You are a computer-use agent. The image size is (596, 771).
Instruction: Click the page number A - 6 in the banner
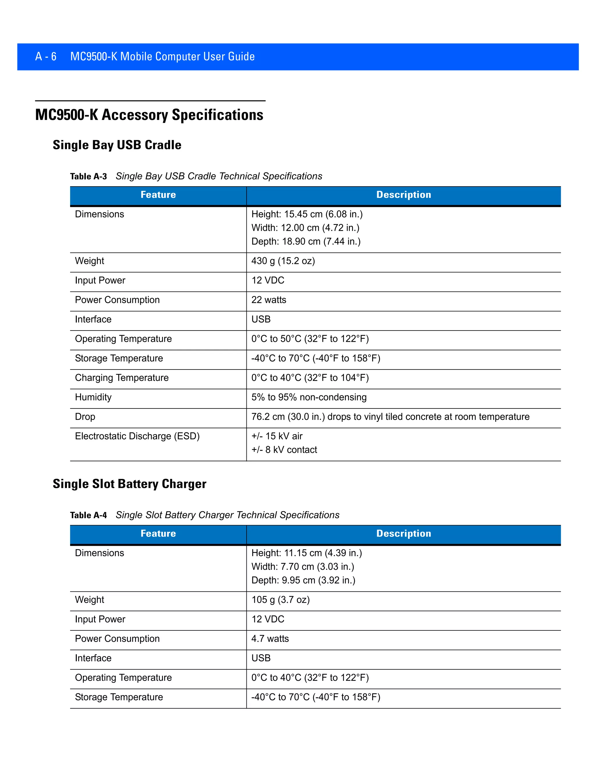click(46, 56)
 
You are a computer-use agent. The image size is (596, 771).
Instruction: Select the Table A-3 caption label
click(88, 176)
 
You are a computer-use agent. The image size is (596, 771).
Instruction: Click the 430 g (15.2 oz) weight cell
click(283, 261)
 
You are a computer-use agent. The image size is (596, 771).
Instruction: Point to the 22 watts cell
click(269, 300)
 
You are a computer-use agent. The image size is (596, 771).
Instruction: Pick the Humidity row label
click(93, 397)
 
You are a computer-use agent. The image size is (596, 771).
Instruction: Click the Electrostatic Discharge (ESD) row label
click(137, 436)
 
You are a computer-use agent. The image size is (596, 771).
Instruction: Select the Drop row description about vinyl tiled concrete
click(390, 417)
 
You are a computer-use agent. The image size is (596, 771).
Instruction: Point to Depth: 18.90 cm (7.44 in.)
click(306, 241)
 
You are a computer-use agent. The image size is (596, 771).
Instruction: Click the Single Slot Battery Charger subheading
click(129, 484)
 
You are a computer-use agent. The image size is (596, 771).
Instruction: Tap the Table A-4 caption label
click(88, 515)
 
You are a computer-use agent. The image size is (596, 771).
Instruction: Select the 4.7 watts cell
click(270, 639)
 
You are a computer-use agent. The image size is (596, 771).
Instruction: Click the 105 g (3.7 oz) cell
click(280, 600)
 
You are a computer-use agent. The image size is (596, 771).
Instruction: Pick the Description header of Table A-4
click(404, 533)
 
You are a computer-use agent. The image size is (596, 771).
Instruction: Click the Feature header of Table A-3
click(158, 195)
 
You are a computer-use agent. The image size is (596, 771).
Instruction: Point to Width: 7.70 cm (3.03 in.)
click(303, 566)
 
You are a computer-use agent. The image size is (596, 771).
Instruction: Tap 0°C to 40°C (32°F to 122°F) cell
click(310, 677)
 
